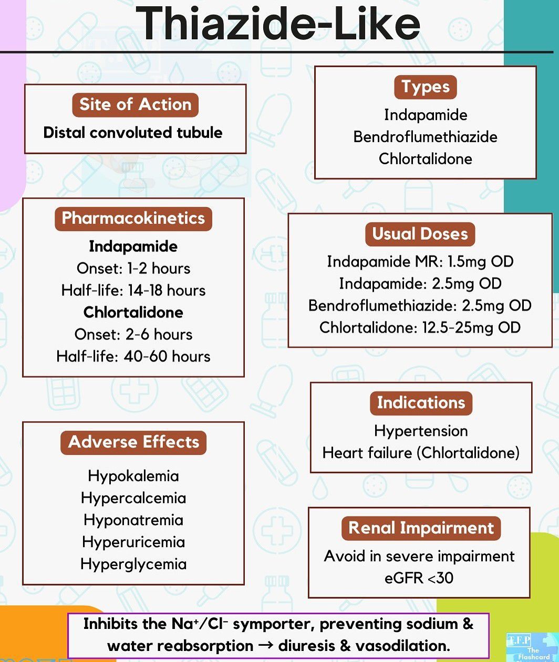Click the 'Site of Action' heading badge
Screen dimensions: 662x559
coord(135,104)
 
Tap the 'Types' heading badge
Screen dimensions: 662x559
coord(425,87)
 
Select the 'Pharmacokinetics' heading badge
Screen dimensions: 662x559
coord(133,218)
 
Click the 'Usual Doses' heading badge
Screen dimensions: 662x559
coord(420,234)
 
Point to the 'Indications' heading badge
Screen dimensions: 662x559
coord(421,403)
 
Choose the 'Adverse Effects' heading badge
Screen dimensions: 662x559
coord(133,442)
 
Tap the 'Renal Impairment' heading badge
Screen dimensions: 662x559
coord(421,528)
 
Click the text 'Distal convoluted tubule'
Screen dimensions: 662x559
coord(133,133)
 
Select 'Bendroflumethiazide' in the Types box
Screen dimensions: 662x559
coord(425,137)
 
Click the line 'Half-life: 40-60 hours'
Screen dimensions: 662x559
coord(133,357)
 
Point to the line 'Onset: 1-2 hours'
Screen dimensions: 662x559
coord(133,269)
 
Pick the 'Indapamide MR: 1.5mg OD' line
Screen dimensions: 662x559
coord(420,261)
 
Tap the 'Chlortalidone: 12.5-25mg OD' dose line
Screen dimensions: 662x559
coord(420,328)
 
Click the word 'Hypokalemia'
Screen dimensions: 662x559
coord(133,476)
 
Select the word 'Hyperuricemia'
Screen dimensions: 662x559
coord(133,542)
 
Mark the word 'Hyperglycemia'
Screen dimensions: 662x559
coord(133,564)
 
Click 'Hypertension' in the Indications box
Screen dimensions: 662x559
coord(421,431)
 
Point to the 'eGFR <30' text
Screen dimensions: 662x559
coord(419,578)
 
